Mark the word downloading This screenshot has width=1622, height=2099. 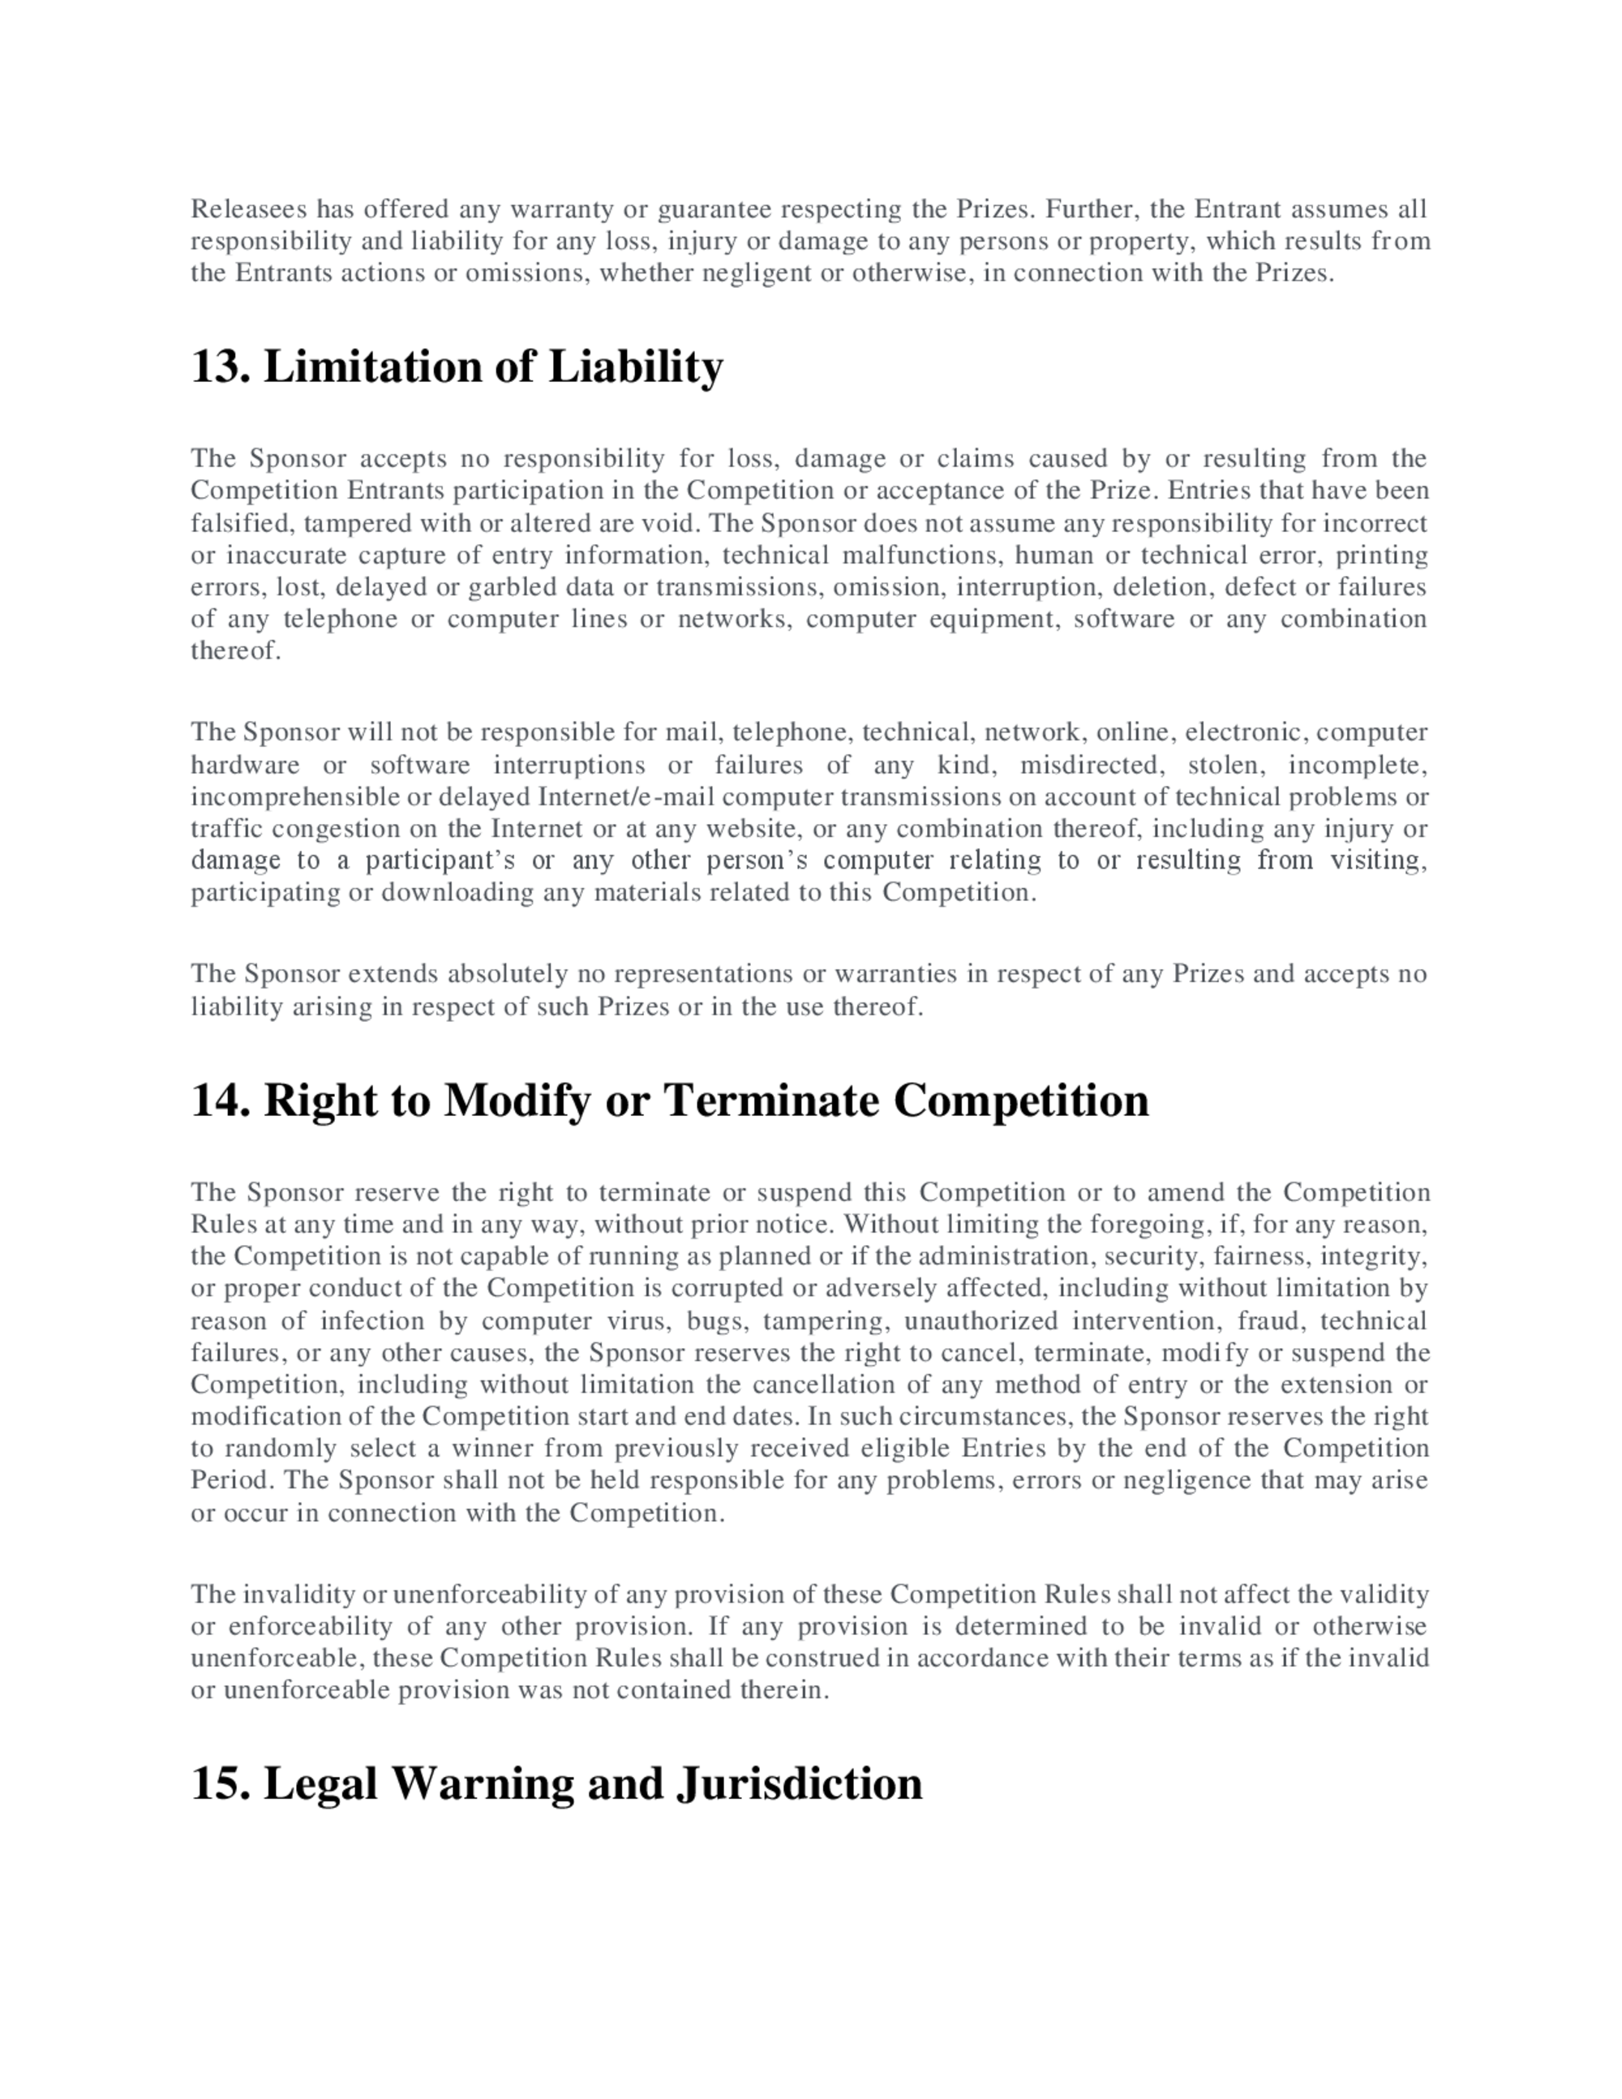(x=458, y=893)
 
